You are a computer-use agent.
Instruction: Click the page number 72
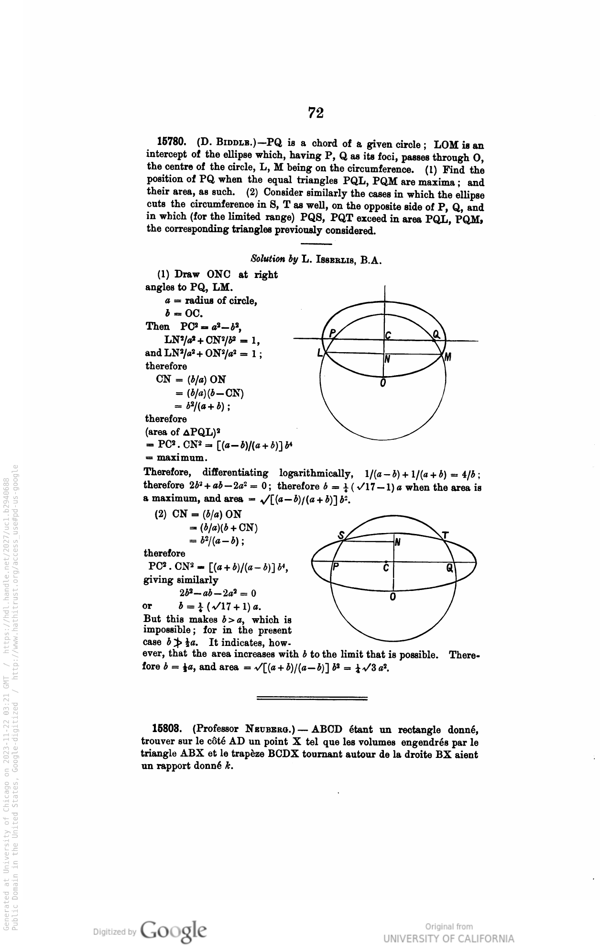tap(316, 113)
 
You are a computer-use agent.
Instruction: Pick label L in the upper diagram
tap(320, 353)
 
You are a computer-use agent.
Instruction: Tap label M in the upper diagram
tap(447, 357)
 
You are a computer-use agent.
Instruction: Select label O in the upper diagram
tap(383, 383)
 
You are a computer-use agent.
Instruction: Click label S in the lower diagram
tap(341, 535)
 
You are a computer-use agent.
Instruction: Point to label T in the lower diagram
tap(445, 535)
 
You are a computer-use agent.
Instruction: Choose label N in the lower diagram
tap(397, 542)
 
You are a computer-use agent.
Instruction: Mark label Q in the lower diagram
tap(449, 567)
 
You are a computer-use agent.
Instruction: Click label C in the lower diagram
tap(386, 568)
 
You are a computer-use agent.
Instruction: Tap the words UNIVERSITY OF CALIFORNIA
tap(449, 938)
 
